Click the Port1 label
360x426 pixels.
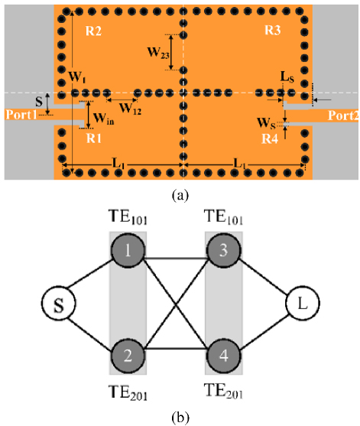(x=21, y=115)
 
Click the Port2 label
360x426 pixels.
(x=343, y=115)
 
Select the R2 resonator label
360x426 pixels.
(x=93, y=31)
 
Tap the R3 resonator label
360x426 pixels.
(x=273, y=30)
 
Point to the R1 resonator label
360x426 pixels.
(x=94, y=138)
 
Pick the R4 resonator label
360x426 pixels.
(x=270, y=139)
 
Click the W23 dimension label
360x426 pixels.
(x=158, y=53)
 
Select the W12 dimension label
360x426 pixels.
(x=130, y=109)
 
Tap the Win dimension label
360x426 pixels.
(x=103, y=119)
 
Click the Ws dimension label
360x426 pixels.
(x=266, y=123)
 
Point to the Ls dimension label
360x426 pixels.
(x=287, y=77)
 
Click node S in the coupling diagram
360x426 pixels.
(x=58, y=303)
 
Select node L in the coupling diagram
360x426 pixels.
(x=303, y=303)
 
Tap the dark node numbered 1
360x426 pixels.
(x=128, y=251)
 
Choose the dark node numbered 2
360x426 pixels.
(x=128, y=356)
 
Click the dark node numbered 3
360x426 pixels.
(x=223, y=251)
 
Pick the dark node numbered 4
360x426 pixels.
(x=223, y=356)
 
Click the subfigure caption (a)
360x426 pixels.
(x=180, y=195)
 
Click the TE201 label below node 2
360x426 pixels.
(x=128, y=392)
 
